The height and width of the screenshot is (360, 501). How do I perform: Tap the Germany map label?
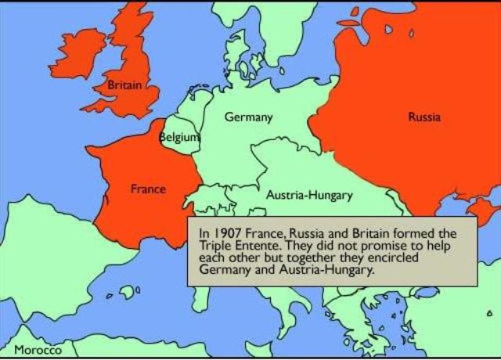coord(248,117)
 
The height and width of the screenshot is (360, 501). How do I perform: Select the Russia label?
coord(424,117)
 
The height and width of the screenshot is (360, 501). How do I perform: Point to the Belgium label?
coord(179,137)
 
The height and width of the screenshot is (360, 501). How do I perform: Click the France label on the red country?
coord(147,189)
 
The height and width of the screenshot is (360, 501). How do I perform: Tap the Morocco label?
coord(38,349)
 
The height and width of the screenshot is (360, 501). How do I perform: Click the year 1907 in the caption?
coord(225,233)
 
